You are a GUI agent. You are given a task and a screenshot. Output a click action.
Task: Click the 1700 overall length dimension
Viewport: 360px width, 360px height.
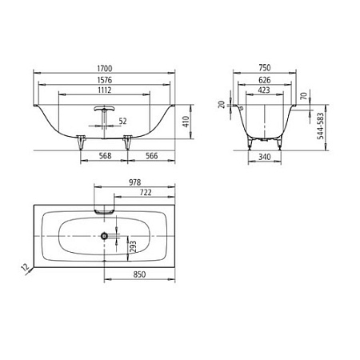(105, 69)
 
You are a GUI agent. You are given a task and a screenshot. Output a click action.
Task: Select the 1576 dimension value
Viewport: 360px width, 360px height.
(105, 80)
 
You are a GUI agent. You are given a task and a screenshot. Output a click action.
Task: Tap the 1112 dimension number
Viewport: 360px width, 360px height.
(104, 90)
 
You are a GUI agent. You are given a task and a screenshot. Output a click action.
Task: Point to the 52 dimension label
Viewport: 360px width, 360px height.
(122, 122)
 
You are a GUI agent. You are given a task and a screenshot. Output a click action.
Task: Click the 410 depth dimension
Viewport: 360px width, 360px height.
(186, 122)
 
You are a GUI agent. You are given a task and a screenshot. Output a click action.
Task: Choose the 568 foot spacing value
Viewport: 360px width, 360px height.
(105, 156)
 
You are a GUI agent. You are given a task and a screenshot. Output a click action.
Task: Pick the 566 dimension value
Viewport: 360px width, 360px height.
(151, 156)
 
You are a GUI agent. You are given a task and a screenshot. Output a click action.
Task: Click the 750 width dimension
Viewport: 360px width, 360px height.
(265, 68)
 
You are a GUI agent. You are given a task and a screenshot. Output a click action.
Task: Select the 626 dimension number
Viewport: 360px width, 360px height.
(265, 80)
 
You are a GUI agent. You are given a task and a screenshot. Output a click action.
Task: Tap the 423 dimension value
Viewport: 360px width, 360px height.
(264, 90)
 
